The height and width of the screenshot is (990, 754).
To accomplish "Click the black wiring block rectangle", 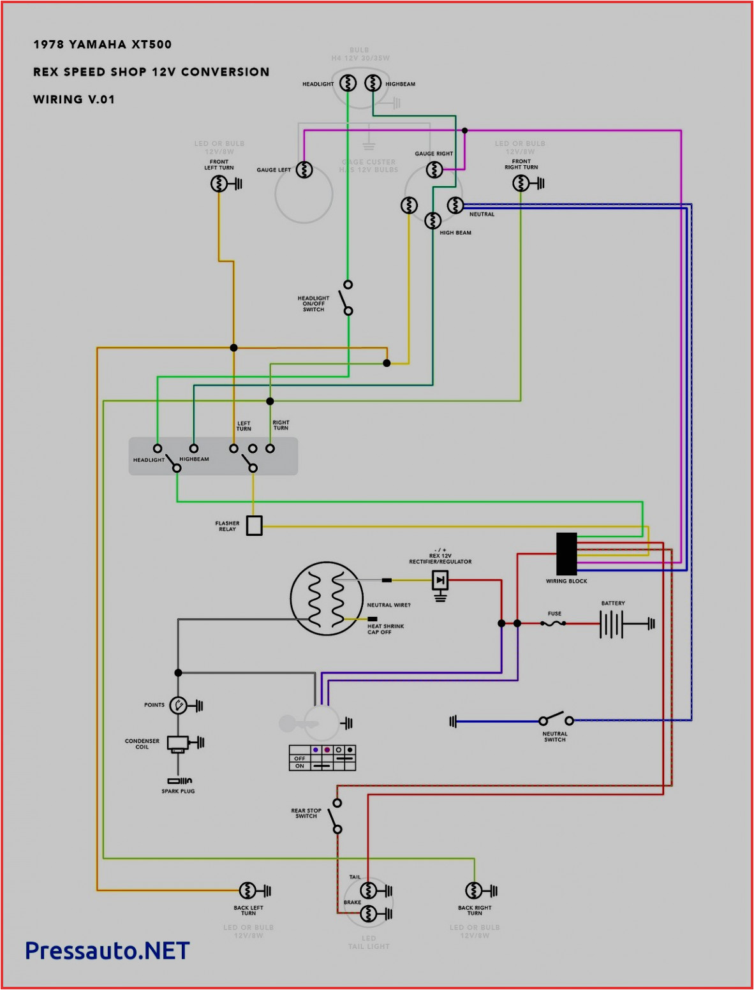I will (566, 554).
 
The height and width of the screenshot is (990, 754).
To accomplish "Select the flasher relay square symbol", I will (254, 526).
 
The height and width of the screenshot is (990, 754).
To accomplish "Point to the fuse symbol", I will (554, 623).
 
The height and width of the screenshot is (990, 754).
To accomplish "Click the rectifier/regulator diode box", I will (440, 580).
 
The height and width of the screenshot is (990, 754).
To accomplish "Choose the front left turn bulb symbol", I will (219, 184).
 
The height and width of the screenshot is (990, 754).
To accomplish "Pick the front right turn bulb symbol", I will (521, 184).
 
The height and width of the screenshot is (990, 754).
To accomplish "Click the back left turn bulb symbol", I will (248, 890).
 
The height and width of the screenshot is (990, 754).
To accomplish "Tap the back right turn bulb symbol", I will (474, 890).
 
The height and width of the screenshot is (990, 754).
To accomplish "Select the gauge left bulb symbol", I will (304, 170).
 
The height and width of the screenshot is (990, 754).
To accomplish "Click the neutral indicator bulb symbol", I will (455, 205).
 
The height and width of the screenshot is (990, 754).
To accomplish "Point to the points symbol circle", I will (179, 706).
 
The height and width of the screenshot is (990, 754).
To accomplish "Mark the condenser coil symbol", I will (177, 743).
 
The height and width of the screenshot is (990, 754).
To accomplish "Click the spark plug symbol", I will (179, 781).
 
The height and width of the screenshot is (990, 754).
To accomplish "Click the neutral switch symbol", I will (555, 720).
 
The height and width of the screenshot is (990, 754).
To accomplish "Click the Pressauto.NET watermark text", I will (107, 950).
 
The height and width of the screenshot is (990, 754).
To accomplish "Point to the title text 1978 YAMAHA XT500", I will (102, 45).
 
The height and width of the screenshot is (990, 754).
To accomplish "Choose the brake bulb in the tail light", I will (368, 914).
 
